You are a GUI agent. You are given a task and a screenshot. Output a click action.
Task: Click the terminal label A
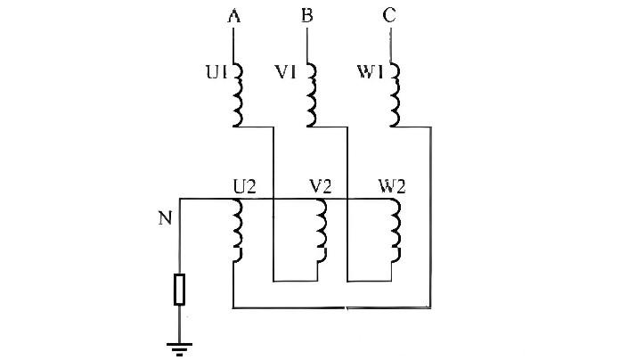click(x=233, y=14)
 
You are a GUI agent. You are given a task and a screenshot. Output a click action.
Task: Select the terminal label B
click(x=307, y=14)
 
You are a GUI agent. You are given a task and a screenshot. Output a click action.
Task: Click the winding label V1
click(x=287, y=72)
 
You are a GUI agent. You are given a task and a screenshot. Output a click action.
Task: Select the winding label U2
click(x=245, y=187)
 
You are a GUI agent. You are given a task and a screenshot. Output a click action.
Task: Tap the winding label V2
click(x=320, y=187)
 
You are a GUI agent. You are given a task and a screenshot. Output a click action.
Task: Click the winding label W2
click(x=393, y=187)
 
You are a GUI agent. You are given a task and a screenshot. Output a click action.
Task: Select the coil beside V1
click(x=311, y=94)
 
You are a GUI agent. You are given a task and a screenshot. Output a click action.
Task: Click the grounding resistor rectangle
click(x=180, y=290)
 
